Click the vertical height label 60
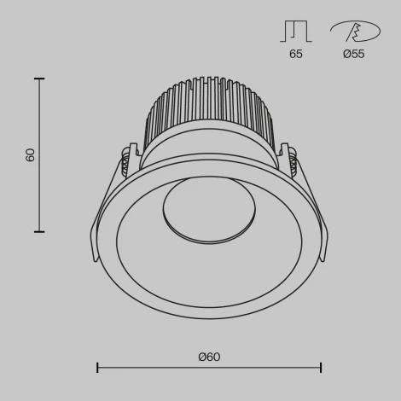tap(31, 155)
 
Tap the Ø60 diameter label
tap(209, 357)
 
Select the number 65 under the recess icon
tap(295, 54)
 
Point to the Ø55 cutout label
tap(354, 54)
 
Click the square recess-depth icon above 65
tap(295, 30)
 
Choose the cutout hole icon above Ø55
tap(353, 30)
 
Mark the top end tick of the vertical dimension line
tap(39, 78)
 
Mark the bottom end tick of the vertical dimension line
tap(39, 231)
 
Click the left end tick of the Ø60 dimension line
tap(97, 368)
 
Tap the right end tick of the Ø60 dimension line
tap(321, 368)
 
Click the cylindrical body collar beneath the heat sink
tap(210, 152)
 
